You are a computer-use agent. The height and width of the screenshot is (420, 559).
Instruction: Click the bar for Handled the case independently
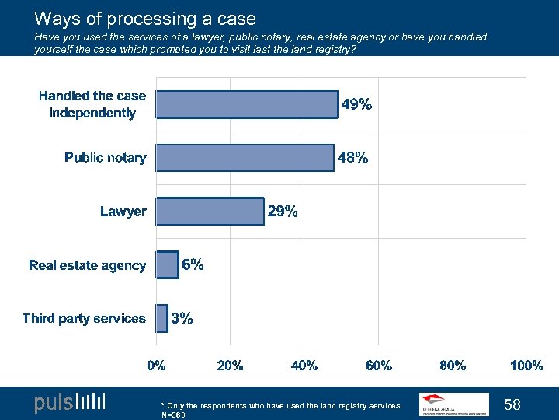[247, 104]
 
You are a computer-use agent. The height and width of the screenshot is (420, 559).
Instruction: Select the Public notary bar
[245, 158]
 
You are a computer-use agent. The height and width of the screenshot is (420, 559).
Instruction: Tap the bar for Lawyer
[210, 211]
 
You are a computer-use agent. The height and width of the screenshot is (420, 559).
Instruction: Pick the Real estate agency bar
[167, 264]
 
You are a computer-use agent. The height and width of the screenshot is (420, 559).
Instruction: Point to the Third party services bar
[161, 317]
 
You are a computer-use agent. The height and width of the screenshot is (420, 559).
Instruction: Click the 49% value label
[357, 104]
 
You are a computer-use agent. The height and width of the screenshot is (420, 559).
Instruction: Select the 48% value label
[352, 158]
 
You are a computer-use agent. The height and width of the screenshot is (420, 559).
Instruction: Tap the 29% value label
[283, 211]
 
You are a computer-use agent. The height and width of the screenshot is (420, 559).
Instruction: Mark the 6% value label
[193, 264]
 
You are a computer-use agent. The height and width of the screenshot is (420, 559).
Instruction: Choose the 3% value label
[182, 317]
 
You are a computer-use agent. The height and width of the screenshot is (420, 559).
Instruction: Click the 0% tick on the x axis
[157, 366]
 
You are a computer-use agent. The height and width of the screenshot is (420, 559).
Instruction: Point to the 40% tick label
[304, 366]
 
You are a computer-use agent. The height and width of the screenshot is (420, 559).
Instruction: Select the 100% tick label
[526, 366]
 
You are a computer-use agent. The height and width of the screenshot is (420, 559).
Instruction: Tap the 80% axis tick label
[453, 366]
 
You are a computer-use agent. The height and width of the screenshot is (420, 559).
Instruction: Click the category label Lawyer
[123, 212]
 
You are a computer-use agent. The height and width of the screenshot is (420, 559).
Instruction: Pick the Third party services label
[84, 318]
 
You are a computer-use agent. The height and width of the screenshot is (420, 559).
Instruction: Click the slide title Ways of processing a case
[145, 18]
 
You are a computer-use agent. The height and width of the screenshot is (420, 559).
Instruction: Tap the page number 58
[512, 404]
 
